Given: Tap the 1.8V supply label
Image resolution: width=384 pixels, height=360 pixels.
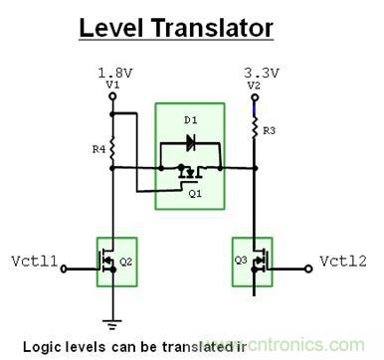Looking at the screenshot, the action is (x=112, y=73).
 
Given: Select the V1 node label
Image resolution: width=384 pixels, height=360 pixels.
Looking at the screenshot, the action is (x=111, y=85).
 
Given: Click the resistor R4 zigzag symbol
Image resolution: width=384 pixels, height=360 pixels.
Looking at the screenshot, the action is (x=111, y=152).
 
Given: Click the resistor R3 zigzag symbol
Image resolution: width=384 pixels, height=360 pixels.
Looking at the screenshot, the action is (x=256, y=126).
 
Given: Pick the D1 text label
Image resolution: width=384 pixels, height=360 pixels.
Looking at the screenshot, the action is (x=191, y=120).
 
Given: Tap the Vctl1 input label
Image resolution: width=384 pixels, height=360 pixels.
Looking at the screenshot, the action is (x=33, y=264).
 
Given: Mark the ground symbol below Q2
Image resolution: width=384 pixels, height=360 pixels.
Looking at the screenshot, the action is (x=111, y=320).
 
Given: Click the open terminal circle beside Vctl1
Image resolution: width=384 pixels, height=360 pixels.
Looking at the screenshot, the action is (x=65, y=264).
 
